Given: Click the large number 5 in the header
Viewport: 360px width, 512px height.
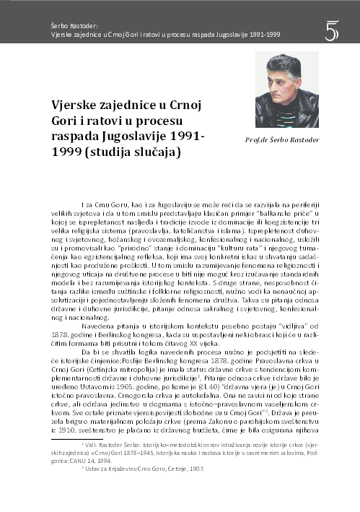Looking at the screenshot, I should pos(332,31).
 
